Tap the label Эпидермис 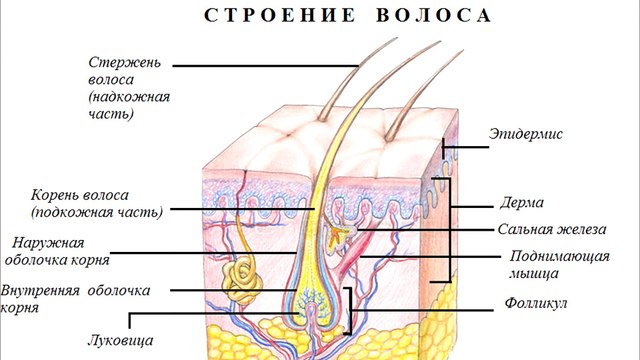tap(527, 133)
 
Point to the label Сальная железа tap(540, 228)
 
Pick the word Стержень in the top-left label tap(124, 61)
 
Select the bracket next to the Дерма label tap(449, 230)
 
